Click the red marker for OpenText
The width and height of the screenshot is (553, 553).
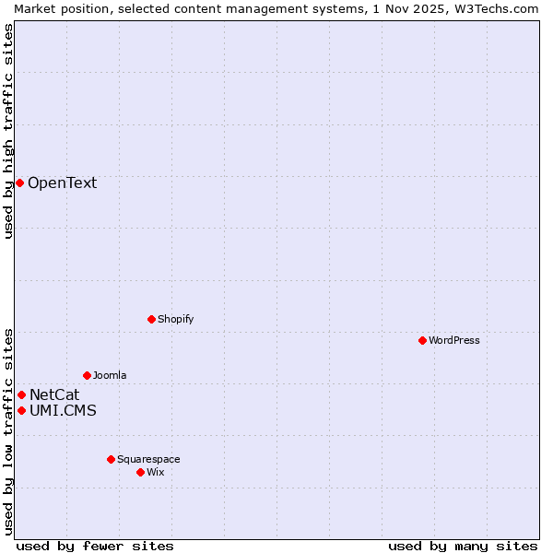19,182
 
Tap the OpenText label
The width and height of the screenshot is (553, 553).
62,182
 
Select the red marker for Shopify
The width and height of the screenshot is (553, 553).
151,319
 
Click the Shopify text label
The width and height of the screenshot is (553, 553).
175,319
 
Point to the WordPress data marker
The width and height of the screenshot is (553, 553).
422,340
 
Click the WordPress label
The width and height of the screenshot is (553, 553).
453,340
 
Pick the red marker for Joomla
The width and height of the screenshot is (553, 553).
87,375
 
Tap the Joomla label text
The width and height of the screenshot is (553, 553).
110,375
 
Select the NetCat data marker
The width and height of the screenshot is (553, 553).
21,394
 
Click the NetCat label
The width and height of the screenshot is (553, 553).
54,394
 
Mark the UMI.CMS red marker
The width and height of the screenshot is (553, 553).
21,410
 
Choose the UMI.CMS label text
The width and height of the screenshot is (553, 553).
63,410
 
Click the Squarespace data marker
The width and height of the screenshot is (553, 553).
111,459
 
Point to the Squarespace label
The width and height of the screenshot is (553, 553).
148,459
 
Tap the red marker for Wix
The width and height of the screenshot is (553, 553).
140,472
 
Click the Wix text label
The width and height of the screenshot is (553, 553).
156,472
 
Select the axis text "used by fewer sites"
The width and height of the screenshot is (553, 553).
95,546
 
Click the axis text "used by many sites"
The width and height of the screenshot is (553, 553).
463,546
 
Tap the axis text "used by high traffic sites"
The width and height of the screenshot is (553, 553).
8,132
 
